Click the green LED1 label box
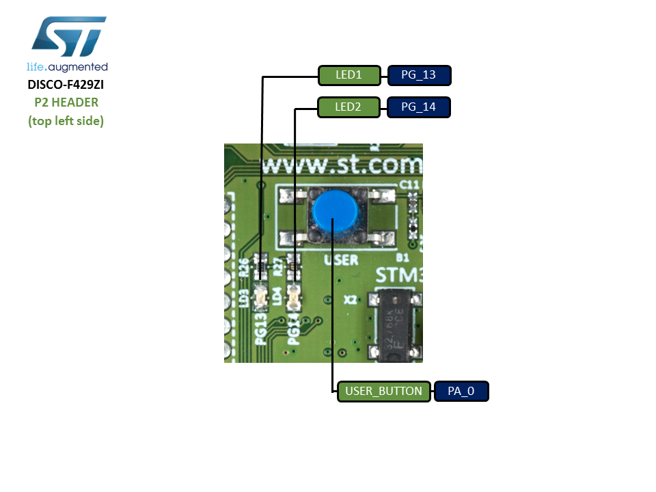[x=348, y=75]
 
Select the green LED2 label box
[x=348, y=108]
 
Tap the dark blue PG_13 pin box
[x=419, y=75]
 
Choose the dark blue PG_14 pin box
[x=419, y=108]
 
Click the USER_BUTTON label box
[x=384, y=392]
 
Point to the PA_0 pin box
[x=461, y=392]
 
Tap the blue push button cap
[x=332, y=212]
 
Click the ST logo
[x=68, y=38]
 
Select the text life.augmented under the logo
[x=67, y=67]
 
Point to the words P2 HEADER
[x=66, y=103]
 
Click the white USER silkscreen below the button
[x=341, y=260]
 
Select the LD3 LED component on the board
[x=260, y=297]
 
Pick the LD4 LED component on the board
[x=295, y=297]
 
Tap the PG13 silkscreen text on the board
[x=260, y=330]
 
